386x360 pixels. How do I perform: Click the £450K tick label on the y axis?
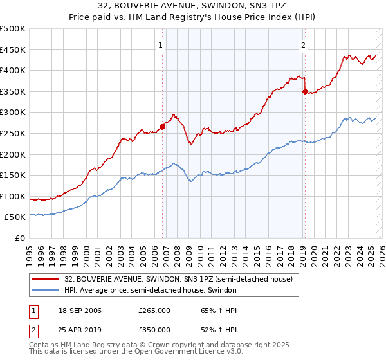(13, 50)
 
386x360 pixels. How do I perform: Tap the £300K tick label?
(13, 113)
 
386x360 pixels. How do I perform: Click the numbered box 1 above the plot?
(160, 45)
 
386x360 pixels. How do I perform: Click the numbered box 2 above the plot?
(303, 45)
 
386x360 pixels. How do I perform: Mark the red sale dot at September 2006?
(163, 127)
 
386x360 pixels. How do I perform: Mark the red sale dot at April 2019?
(305, 91)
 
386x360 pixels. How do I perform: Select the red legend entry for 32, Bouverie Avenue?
(178, 279)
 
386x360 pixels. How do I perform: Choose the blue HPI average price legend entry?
(151, 291)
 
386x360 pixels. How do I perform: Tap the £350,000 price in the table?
(154, 330)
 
